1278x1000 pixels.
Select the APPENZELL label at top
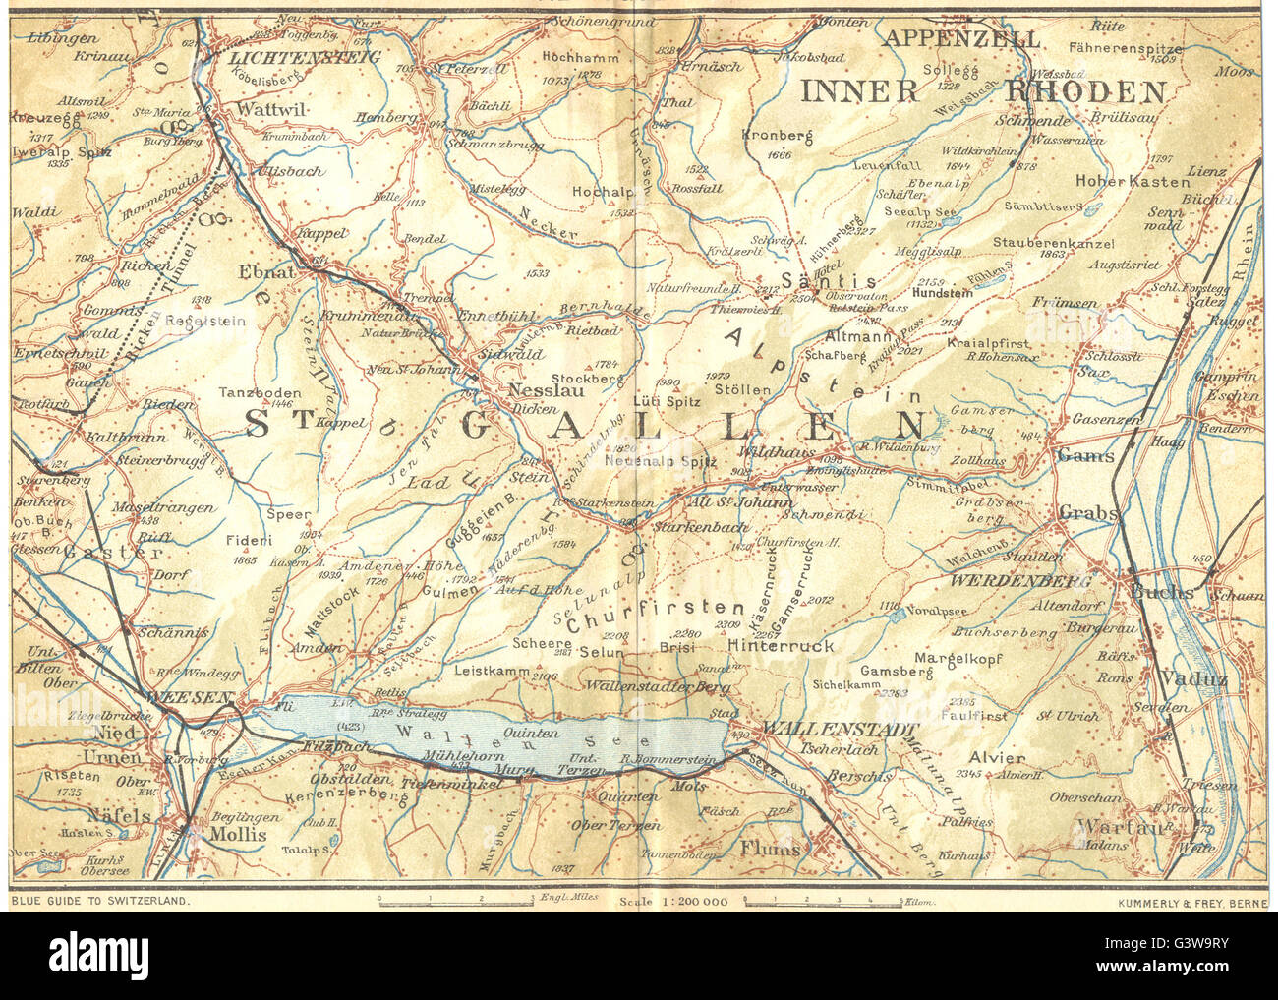pos(961,39)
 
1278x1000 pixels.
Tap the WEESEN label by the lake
pos(190,697)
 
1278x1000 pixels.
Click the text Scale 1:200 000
pos(672,901)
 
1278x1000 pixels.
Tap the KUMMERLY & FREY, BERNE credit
pos(1192,901)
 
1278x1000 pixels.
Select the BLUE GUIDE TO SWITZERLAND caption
pos(100,901)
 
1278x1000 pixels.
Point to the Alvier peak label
pos(997,758)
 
